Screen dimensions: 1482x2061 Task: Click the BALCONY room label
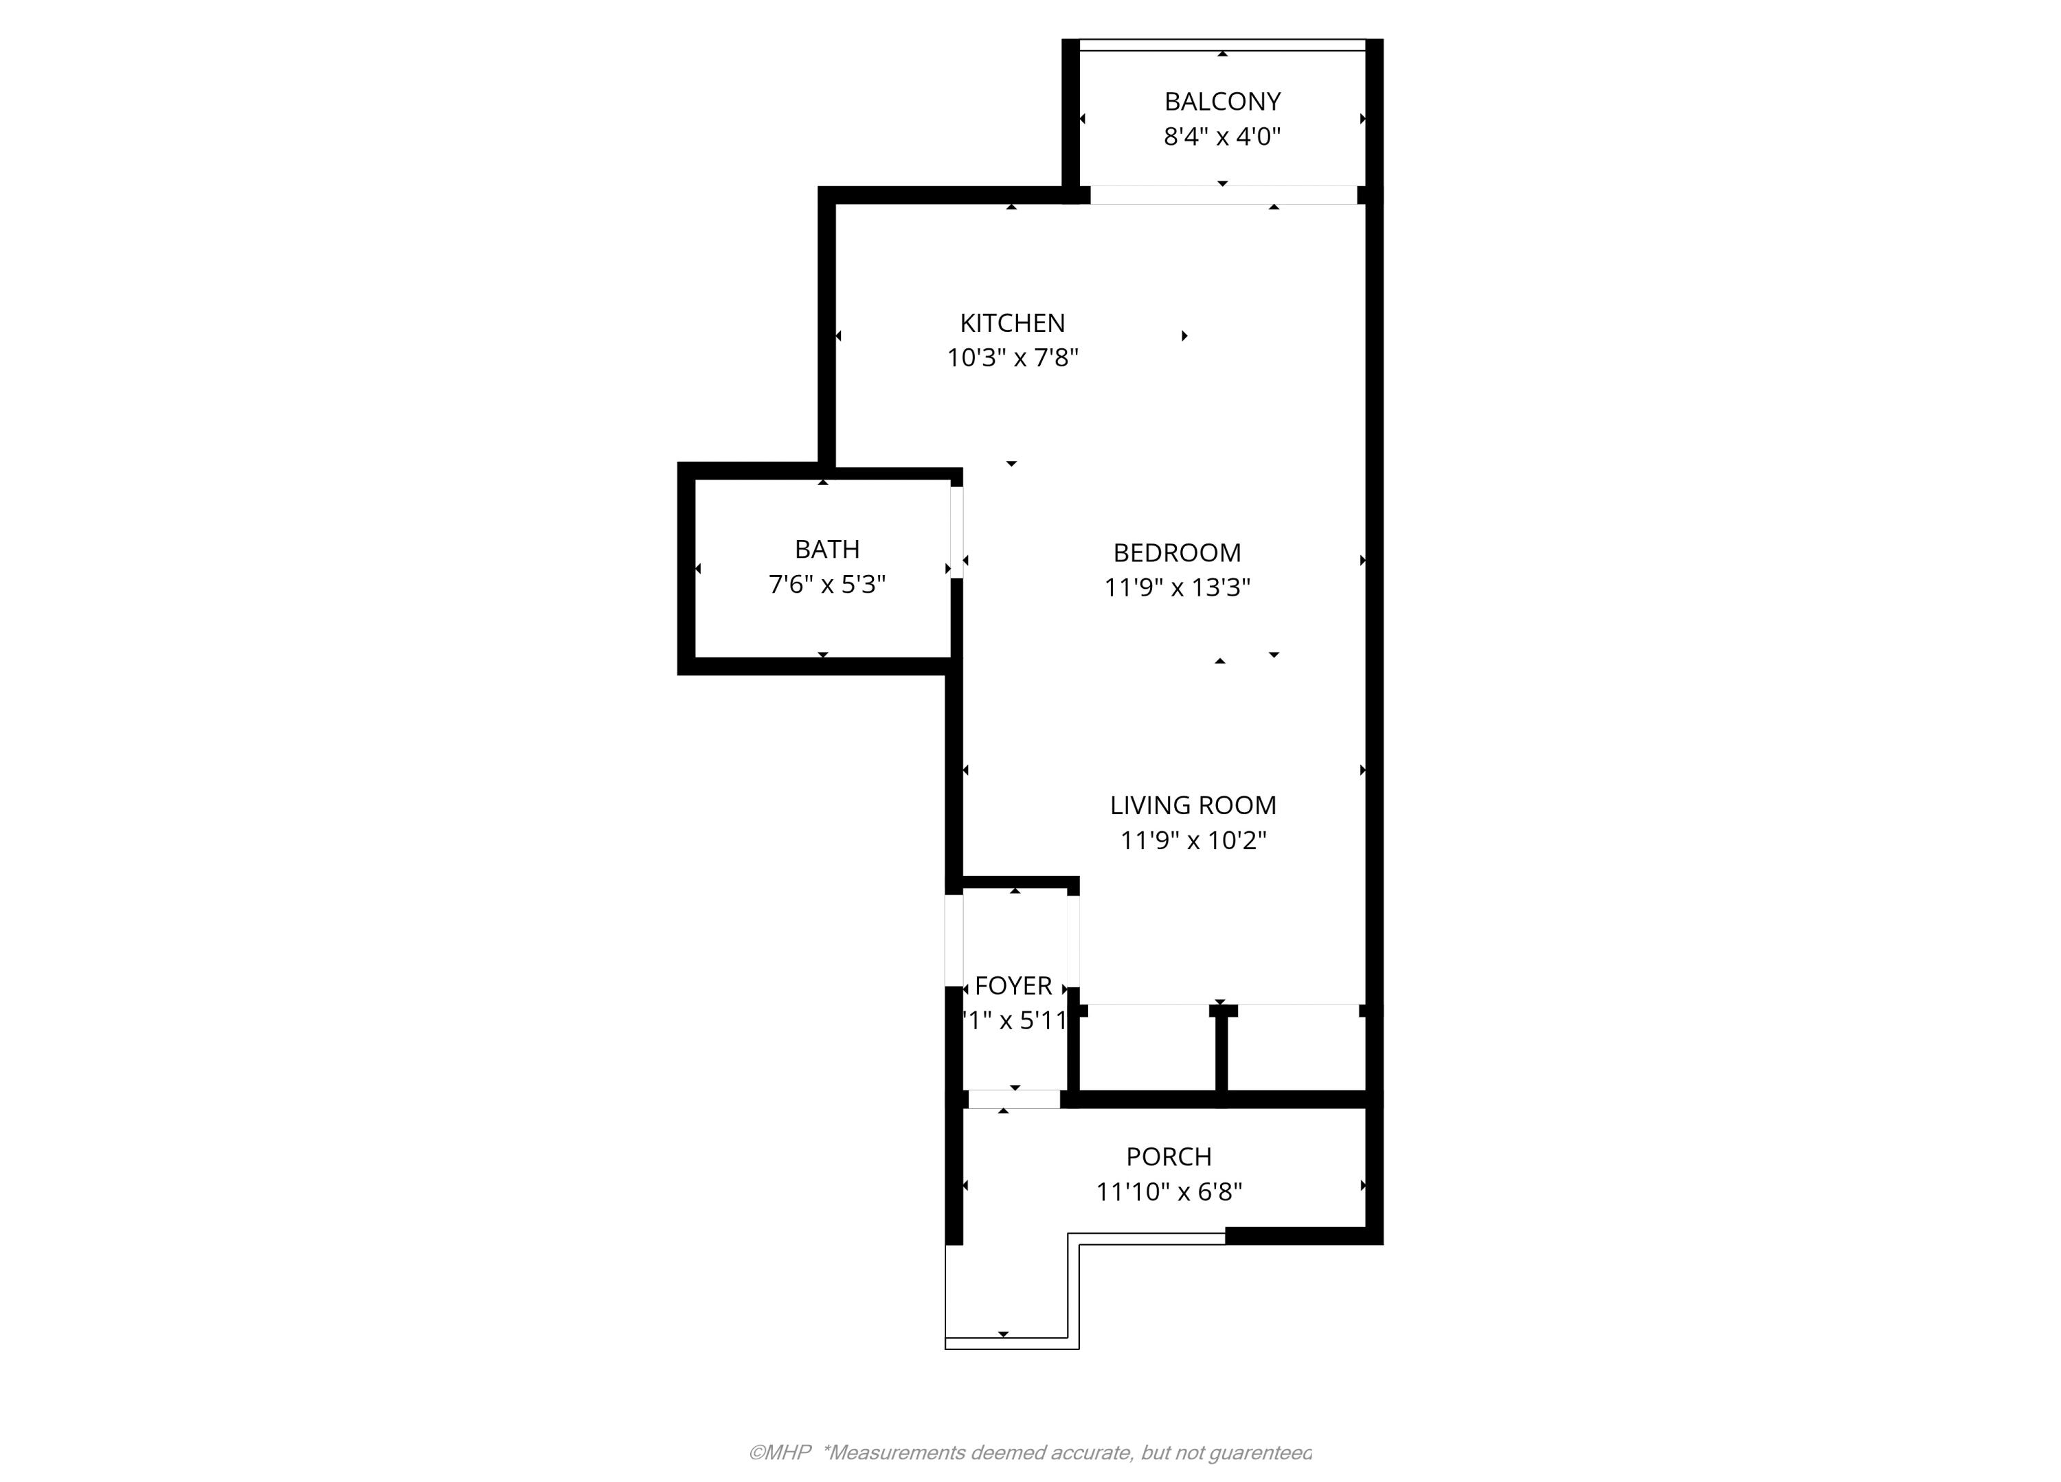pos(1222,101)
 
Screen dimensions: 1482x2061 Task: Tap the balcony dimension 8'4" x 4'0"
pos(1222,136)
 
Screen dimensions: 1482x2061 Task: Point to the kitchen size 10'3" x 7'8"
pos(1013,357)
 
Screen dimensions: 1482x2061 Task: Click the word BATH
pos(827,549)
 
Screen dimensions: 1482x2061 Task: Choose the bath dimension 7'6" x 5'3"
pos(827,584)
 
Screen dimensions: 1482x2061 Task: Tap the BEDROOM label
pos(1177,552)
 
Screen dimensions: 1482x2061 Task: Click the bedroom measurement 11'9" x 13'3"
pos(1177,588)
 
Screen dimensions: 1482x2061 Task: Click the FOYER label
pos(1013,986)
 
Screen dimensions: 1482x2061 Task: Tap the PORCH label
pos(1169,1157)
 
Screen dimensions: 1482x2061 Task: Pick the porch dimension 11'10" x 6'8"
pos(1169,1191)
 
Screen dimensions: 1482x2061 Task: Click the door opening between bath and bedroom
pos(957,532)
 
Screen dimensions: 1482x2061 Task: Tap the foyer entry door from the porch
pos(1014,1099)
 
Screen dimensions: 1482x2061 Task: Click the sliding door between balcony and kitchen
pos(1223,194)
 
